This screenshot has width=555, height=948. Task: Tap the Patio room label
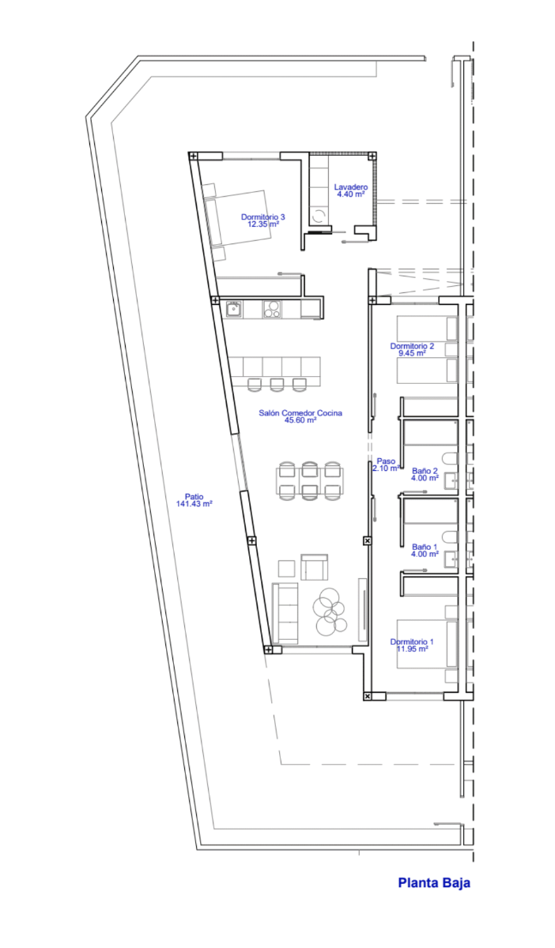pos(194,496)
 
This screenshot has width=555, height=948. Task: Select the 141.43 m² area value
pos(194,504)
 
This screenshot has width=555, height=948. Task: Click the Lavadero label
pos(351,186)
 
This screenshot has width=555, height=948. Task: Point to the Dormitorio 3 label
pos(263,216)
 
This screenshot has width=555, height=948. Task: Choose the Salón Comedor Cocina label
pos(300,412)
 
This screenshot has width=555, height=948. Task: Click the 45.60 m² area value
pos(300,419)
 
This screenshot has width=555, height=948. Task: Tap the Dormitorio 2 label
pos(412,346)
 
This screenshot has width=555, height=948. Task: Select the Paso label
pos(386,461)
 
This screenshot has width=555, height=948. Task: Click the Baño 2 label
pos(425,471)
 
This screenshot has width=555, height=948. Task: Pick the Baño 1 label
pos(425,547)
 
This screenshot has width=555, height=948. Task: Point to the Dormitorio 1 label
pos(412,641)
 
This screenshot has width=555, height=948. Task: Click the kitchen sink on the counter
pos(233,310)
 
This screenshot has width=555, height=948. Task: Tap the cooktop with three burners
pos(271,309)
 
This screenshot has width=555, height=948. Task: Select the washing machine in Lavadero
pos(319,216)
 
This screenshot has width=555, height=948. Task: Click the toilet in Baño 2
pos(450,458)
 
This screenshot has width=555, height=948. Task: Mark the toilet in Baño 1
pos(450,536)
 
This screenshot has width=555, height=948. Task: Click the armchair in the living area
pos(314,567)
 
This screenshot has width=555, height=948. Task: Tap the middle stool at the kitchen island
pos(277,385)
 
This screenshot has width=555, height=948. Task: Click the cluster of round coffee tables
pos(330,612)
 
